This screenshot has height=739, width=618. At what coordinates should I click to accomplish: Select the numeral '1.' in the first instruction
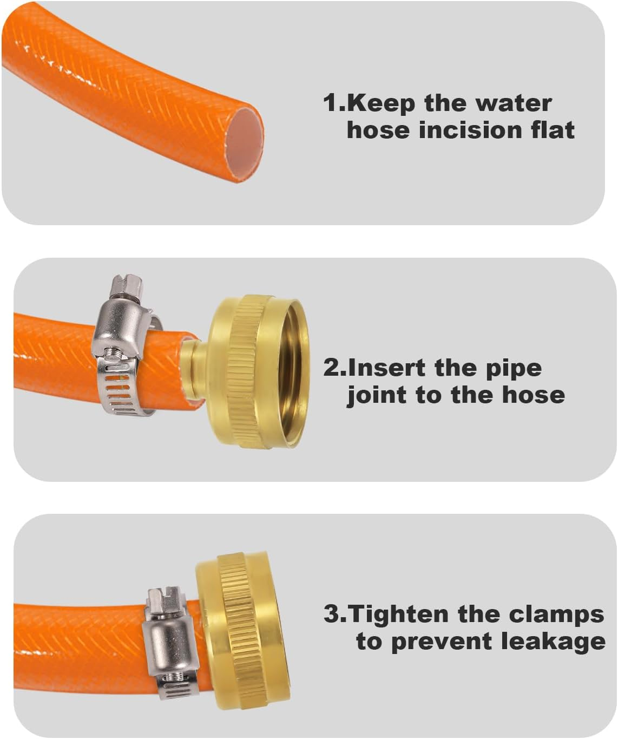point(333,102)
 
